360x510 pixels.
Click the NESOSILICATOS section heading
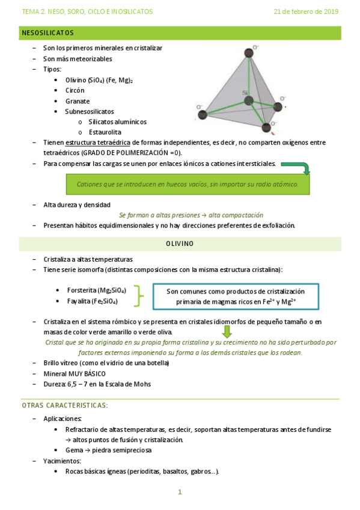[x=47, y=32]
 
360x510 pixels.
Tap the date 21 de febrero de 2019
[x=306, y=11]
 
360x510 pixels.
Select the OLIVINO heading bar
[x=180, y=244]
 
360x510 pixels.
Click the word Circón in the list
[x=75, y=90]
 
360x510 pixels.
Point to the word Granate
[x=76, y=101]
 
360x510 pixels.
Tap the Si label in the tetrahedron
[x=245, y=93]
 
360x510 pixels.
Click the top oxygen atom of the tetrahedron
[x=248, y=53]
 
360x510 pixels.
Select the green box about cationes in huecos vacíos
[x=188, y=184]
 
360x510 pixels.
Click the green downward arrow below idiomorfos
[x=227, y=331]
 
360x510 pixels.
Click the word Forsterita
[x=82, y=290]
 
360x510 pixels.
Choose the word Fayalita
[x=79, y=301]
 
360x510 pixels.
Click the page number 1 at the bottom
[x=180, y=492]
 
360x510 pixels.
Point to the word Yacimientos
[x=63, y=461]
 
